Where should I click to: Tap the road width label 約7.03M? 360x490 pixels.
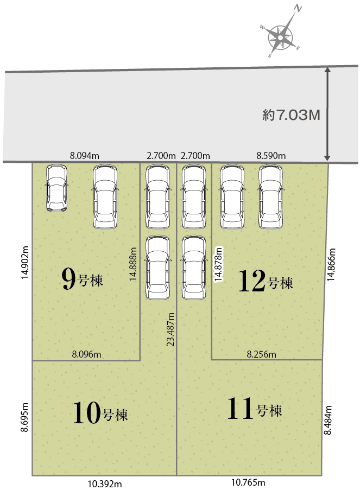pos(291,115)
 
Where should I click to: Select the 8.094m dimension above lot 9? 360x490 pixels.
pos(85,155)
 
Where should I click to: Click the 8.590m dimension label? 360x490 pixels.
pos(271,156)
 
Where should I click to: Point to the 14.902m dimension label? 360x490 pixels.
pos(25,263)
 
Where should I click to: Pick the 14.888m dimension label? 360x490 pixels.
pos(133,264)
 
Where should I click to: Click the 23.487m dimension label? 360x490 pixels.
pos(170,329)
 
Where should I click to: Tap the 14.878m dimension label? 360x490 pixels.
pos(218,264)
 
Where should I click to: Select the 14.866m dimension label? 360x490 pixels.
pos(331,264)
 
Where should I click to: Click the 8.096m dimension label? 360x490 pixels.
pos(87,354)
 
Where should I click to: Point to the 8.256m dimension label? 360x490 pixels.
pos(262,354)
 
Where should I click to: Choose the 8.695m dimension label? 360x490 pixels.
pos(25,417)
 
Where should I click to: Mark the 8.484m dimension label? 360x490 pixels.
pos(327,420)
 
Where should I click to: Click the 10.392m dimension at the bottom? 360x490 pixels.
pos(105,483)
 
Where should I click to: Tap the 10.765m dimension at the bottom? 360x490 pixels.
pos(248,482)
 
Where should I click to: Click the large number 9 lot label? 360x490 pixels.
pos(68,279)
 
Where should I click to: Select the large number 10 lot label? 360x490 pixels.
pos(87,413)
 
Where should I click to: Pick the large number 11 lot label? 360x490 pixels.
pos(240,408)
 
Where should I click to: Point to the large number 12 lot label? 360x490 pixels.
pos(252,281)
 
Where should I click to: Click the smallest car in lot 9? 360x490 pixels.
pos(56,188)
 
